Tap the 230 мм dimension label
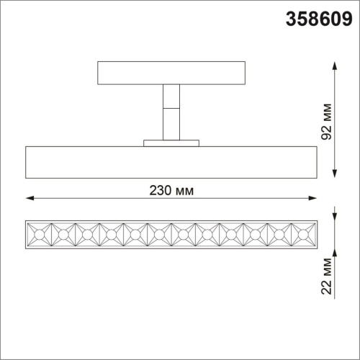pos(171,190)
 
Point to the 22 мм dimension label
pos(328,276)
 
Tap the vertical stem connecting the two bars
pos(171,112)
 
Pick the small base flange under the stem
pos(171,143)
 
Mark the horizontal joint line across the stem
pos(171,108)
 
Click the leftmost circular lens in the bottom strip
pos(39,234)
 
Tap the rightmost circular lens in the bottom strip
pos(302,234)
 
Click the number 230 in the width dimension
pos(161,190)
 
